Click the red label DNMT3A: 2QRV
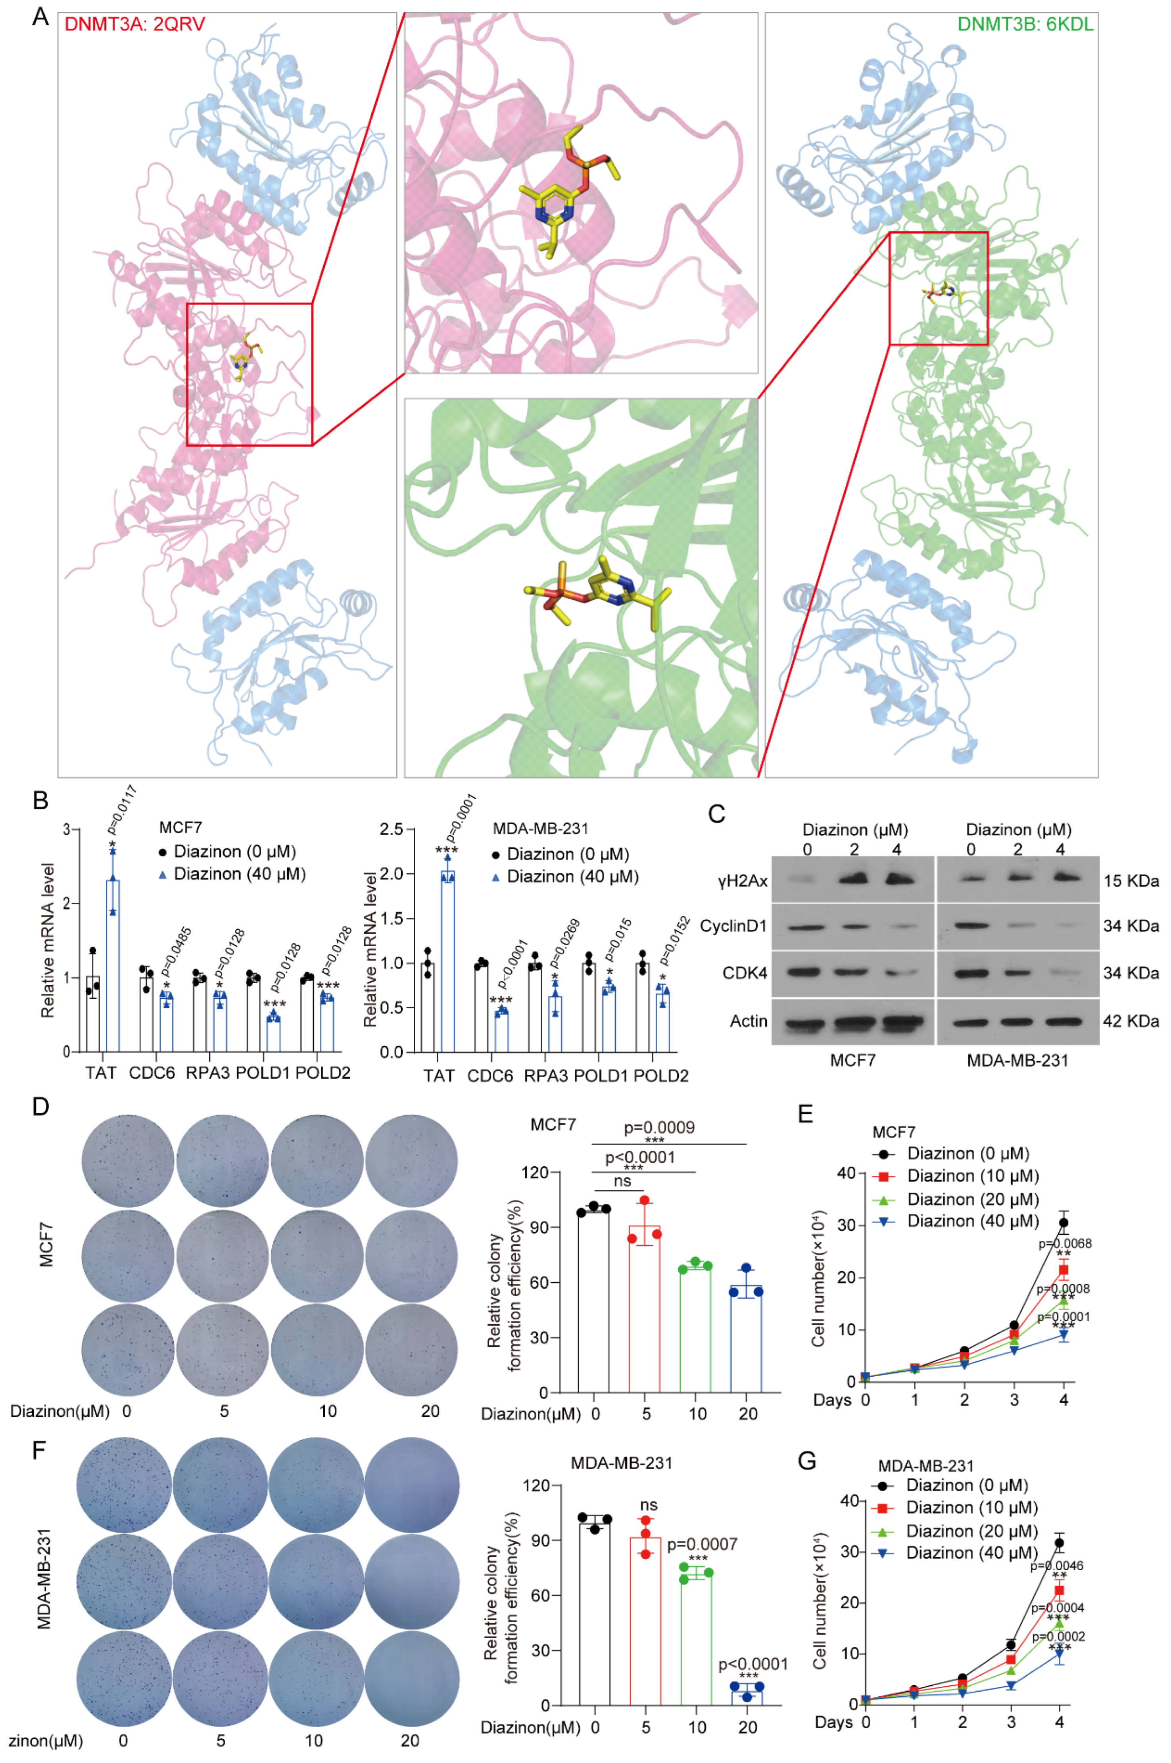click(134, 24)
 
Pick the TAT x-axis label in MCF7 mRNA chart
click(101, 1073)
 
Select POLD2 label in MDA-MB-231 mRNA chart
click(661, 1076)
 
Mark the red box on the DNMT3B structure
click(938, 288)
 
